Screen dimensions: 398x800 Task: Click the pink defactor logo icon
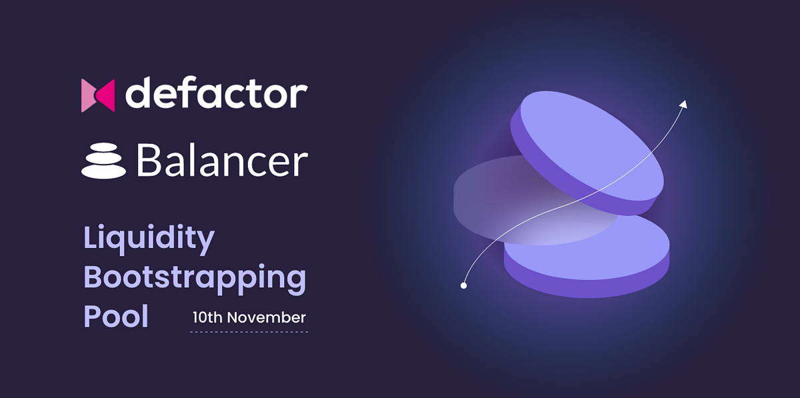pos(97,95)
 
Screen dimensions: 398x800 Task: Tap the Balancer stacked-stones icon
pos(103,162)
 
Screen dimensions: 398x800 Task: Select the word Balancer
pos(221,161)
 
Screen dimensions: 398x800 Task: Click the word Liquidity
pos(149,239)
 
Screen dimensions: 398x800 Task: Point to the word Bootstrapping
pos(194,277)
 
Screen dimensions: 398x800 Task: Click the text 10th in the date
pos(207,317)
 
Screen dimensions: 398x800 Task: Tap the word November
pos(266,317)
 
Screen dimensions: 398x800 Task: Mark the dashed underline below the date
pos(249,331)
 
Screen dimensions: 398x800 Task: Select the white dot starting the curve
pos(463,285)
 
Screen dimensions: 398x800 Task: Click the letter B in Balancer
pos(146,162)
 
